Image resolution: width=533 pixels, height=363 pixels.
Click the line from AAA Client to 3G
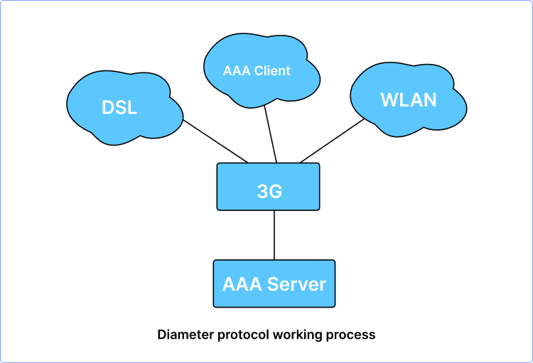point(269,136)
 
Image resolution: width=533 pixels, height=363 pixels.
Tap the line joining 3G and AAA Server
point(274,235)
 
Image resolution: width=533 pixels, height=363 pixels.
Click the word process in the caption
point(350,334)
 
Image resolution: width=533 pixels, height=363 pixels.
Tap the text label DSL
point(119,109)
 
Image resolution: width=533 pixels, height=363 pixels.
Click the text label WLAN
point(409,100)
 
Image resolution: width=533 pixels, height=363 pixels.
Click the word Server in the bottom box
point(298,284)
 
